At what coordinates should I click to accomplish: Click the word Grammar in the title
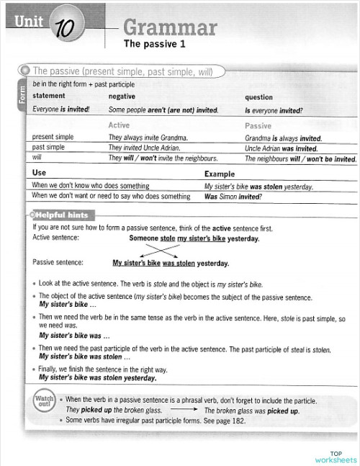pos(170,27)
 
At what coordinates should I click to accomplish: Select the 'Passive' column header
pos(258,125)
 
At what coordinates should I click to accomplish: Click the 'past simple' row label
pos(51,147)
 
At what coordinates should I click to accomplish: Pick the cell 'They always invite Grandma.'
pos(148,137)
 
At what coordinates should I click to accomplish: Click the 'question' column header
pos(258,96)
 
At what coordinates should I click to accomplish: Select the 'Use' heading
pos(40,174)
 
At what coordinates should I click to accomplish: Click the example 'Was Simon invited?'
pos(233,196)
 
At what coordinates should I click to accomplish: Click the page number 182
pos(238,421)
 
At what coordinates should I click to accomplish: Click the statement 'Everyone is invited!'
pos(61,110)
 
